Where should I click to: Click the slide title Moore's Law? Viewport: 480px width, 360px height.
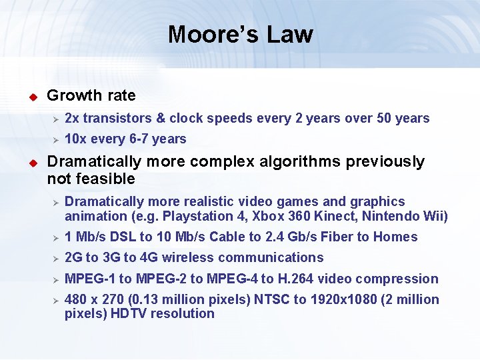[x=240, y=34]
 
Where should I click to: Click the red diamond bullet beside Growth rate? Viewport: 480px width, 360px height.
[x=31, y=97]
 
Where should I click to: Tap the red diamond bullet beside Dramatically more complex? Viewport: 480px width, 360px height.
[x=31, y=163]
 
